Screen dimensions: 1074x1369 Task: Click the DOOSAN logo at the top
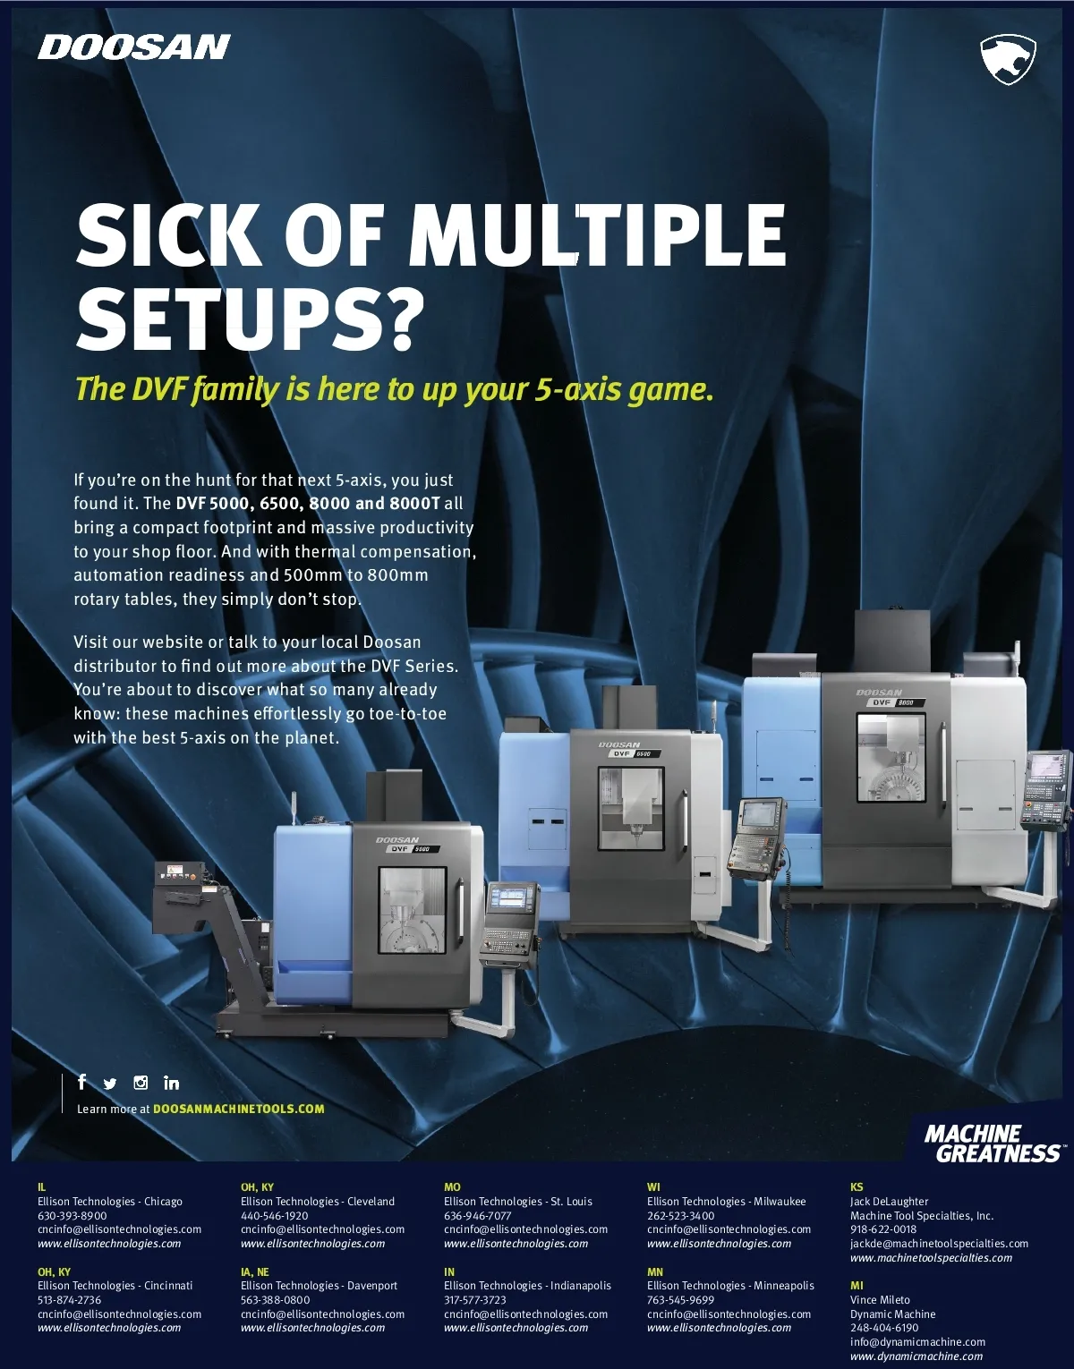134,47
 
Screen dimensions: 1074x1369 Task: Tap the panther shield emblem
1008,59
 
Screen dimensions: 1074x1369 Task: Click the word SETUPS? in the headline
250,319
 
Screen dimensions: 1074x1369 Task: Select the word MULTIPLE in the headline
601,235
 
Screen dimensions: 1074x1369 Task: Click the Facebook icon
81,1082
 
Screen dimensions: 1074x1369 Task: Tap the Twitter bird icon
109,1084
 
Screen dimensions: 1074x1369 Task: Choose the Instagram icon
141,1083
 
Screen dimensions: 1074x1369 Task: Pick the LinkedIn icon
171,1083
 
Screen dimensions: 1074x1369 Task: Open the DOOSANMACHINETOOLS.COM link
239,1109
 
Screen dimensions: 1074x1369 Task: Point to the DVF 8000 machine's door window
891,758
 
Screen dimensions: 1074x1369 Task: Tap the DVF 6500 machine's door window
631,808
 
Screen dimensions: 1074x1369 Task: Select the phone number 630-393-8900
72,1216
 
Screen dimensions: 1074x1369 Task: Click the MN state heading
655,1272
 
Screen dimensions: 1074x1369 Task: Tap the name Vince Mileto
880,1300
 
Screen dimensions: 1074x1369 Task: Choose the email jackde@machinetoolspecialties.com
939,1244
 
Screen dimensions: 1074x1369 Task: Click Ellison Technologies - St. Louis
518,1202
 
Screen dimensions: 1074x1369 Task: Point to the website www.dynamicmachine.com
916,1356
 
